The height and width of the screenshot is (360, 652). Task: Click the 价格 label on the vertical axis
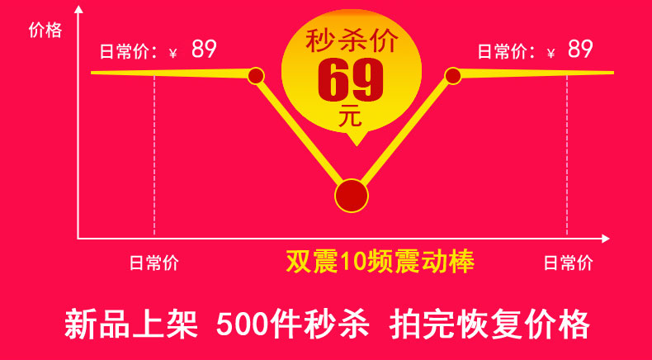point(45,31)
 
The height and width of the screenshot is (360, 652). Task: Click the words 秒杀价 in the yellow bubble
point(352,40)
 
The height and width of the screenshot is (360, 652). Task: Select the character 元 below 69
point(351,117)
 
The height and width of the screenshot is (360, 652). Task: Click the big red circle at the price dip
point(352,195)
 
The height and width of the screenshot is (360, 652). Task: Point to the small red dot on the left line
point(256,76)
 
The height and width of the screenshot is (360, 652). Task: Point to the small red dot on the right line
point(452,76)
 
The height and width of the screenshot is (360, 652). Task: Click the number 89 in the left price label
point(204,50)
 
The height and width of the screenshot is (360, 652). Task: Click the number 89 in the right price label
point(580,50)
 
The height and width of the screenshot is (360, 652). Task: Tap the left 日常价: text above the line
point(129,52)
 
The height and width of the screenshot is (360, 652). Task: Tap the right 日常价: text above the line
point(507,52)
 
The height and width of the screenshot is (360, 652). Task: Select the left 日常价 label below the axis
point(154,263)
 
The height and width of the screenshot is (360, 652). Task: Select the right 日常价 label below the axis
point(568,263)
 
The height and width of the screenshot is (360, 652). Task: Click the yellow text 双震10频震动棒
point(380,262)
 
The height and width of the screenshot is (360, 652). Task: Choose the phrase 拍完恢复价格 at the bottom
point(489,323)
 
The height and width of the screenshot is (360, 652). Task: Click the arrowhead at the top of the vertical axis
point(78,10)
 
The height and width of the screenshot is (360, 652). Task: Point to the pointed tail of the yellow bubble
point(355,142)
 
